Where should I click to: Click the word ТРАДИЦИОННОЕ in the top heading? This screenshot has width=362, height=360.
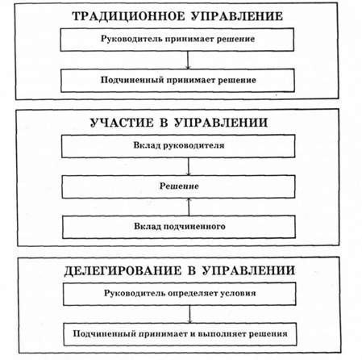pyautogui.click(x=129, y=16)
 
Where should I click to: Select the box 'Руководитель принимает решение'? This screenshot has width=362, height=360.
pyautogui.click(x=177, y=40)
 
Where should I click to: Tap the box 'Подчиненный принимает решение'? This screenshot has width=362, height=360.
pyautogui.click(x=177, y=81)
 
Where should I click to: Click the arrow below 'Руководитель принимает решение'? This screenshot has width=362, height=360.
pyautogui.click(x=188, y=60)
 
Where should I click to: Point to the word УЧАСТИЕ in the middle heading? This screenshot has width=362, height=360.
pyautogui.click(x=122, y=123)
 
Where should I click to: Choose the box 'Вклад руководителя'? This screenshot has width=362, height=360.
pyautogui.click(x=178, y=146)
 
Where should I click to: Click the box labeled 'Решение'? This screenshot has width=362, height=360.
pyautogui.click(x=179, y=186)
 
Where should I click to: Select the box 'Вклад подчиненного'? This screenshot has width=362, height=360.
pyautogui.click(x=179, y=227)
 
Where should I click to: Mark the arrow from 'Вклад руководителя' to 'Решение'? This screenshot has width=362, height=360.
pyautogui.click(x=189, y=166)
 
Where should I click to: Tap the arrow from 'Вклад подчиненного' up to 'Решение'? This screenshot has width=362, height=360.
pyautogui.click(x=189, y=207)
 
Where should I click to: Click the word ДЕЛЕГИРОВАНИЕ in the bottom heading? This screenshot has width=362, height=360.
pyautogui.click(x=123, y=270)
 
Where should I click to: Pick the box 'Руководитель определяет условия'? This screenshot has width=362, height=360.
pyautogui.click(x=180, y=294)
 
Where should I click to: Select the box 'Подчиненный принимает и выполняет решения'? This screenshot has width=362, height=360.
pyautogui.click(x=180, y=334)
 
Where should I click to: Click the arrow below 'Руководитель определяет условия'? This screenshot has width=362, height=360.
pyautogui.click(x=189, y=314)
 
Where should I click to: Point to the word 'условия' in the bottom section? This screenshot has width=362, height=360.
pyautogui.click(x=238, y=293)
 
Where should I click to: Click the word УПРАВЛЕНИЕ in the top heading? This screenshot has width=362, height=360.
pyautogui.click(x=237, y=16)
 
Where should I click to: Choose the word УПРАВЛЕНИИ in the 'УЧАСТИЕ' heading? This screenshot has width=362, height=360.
pyautogui.click(x=221, y=123)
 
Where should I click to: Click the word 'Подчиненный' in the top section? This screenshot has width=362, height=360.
pyautogui.click(x=132, y=80)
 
